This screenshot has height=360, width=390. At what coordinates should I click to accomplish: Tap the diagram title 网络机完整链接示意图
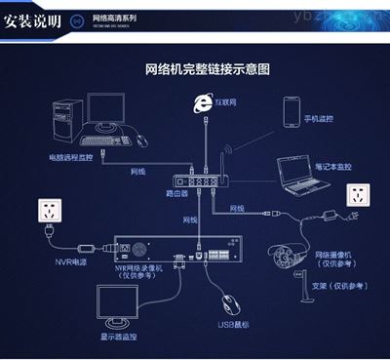pyautogui.click(x=207, y=70)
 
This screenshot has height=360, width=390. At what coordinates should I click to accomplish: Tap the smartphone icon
pyautogui.click(x=292, y=112)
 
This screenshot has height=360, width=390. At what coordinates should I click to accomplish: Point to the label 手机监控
pyautogui.click(x=318, y=119)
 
